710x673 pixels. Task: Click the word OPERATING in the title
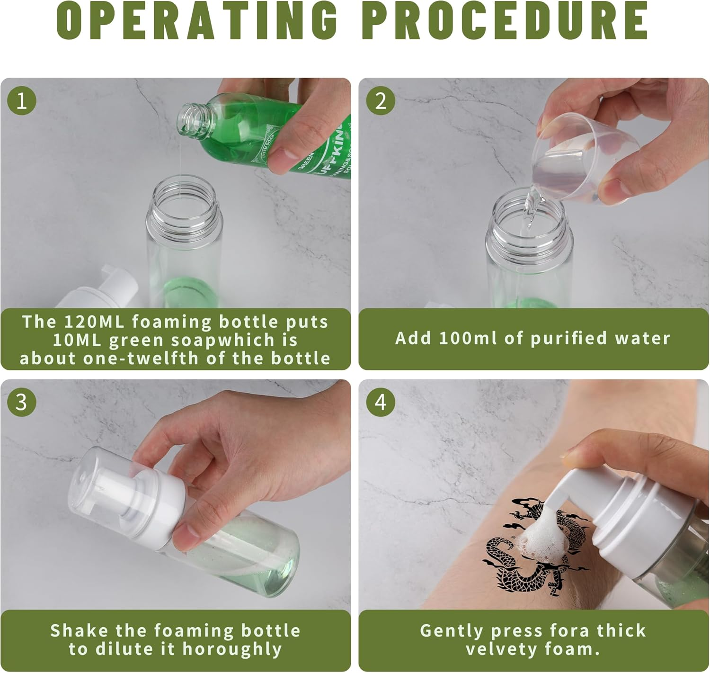coord(197,21)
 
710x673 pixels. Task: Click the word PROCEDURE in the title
coord(506,21)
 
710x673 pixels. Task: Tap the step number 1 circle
coord(22,100)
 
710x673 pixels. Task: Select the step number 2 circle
coord(381,100)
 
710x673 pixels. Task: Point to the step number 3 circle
coord(22,402)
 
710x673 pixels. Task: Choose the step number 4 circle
coord(381,402)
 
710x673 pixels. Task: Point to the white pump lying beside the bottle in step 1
coord(98,289)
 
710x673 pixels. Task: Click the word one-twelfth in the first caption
coord(141,359)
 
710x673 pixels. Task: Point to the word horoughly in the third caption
coord(232,649)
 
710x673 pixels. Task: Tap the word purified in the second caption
coord(568,339)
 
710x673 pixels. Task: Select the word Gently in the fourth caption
coord(452,631)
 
